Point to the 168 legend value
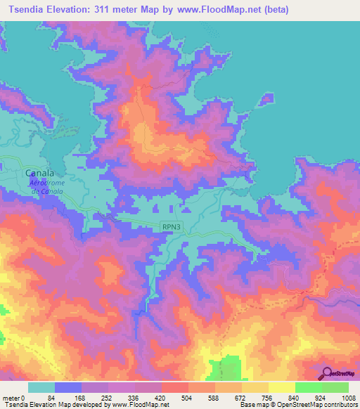(82, 398)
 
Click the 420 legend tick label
(162, 398)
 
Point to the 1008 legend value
(347, 398)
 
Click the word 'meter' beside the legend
(12, 398)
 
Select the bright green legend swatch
(308, 387)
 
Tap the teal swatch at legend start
(41, 387)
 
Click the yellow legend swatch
(281, 387)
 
